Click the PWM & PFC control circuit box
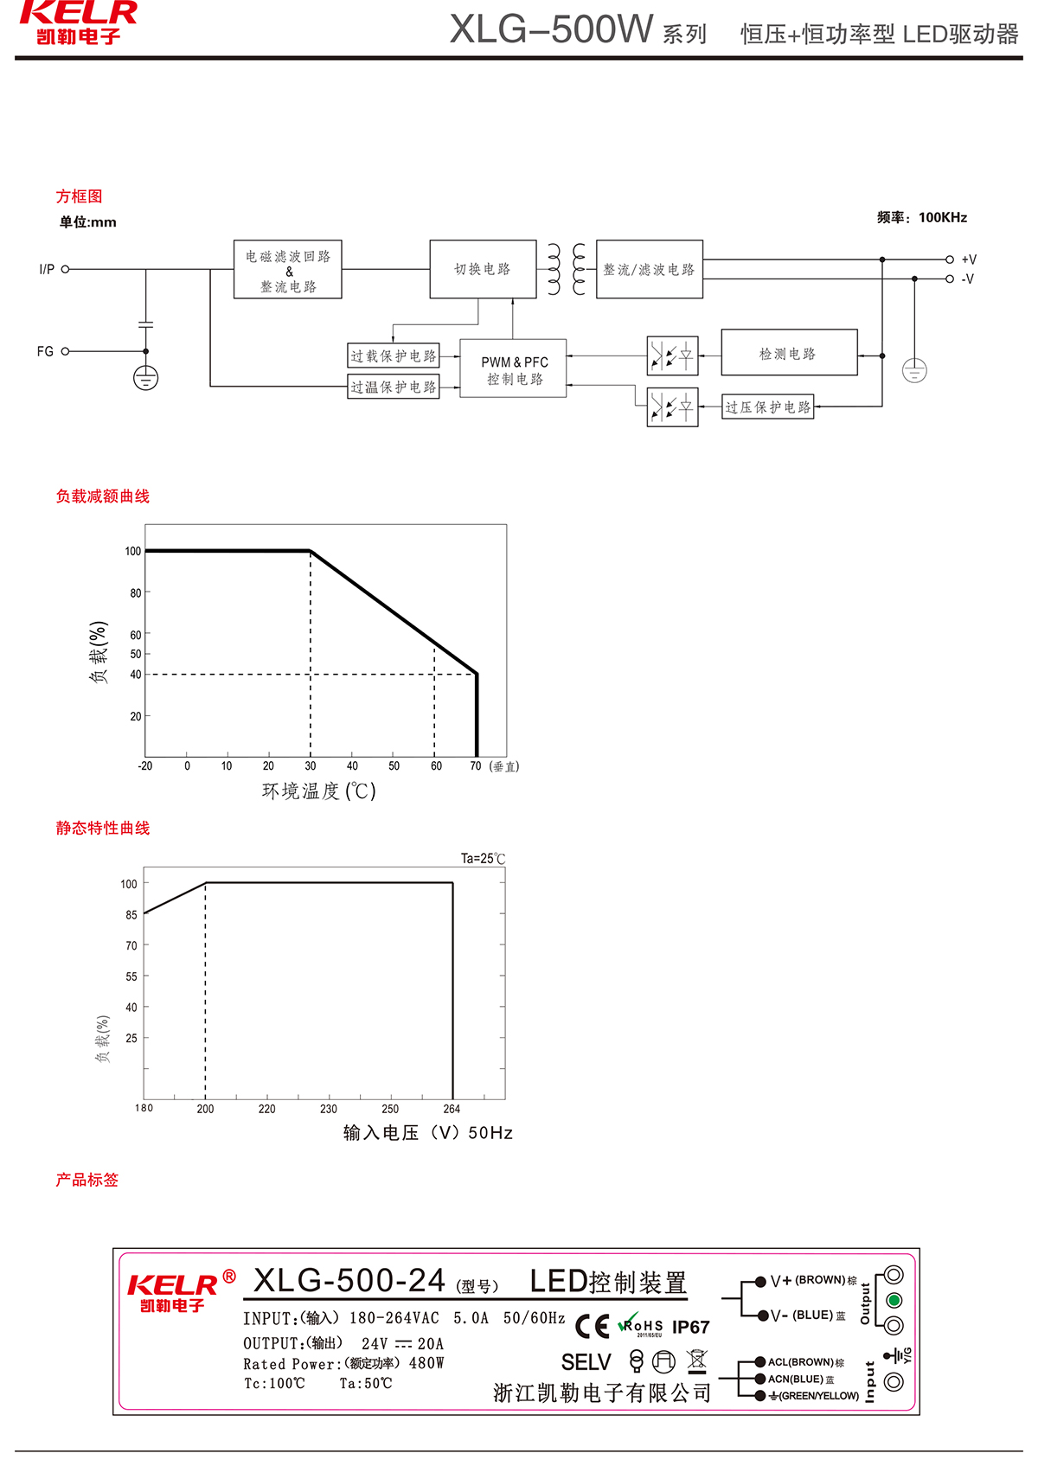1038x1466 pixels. pos(513,368)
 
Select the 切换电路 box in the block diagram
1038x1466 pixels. pos(483,269)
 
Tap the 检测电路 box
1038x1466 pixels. pos(788,353)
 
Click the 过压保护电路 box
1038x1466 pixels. pos(768,407)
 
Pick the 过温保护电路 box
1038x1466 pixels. pos(394,387)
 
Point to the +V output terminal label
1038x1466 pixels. pos(969,259)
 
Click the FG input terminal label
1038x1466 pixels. pos(45,351)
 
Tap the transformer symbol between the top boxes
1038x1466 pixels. pos(567,269)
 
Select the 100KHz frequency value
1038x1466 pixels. pos(943,217)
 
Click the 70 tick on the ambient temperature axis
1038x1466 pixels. pos(476,766)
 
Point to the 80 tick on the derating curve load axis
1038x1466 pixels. pos(136,593)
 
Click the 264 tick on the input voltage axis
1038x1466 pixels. pos(452,1109)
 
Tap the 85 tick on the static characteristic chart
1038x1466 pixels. pos(131,914)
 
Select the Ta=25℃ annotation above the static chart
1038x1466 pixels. pos(483,858)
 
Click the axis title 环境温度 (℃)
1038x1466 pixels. pos(319,791)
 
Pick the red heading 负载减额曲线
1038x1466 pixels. pos(103,496)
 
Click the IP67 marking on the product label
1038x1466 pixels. pos(690,1327)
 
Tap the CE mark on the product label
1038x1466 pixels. pos(593,1326)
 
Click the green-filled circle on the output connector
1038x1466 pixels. pos(894,1300)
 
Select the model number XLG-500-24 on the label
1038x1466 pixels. pos(349,1281)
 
